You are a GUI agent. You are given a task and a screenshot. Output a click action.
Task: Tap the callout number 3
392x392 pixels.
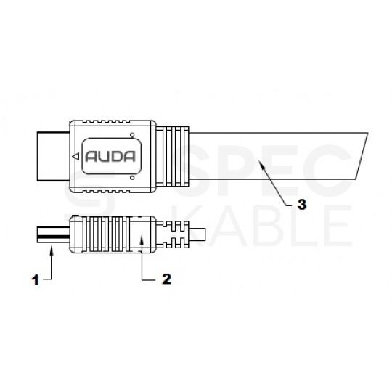pos(301,205)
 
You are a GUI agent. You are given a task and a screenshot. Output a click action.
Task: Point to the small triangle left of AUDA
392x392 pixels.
pos(75,156)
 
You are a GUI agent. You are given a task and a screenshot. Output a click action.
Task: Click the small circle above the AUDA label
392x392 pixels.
pos(131,135)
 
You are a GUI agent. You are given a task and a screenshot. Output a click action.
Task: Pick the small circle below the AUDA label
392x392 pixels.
pos(131,176)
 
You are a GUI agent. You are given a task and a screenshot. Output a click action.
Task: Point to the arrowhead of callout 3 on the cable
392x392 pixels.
pos(261,166)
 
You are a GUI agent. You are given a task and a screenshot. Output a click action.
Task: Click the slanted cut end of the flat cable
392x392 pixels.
pos(361,156)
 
